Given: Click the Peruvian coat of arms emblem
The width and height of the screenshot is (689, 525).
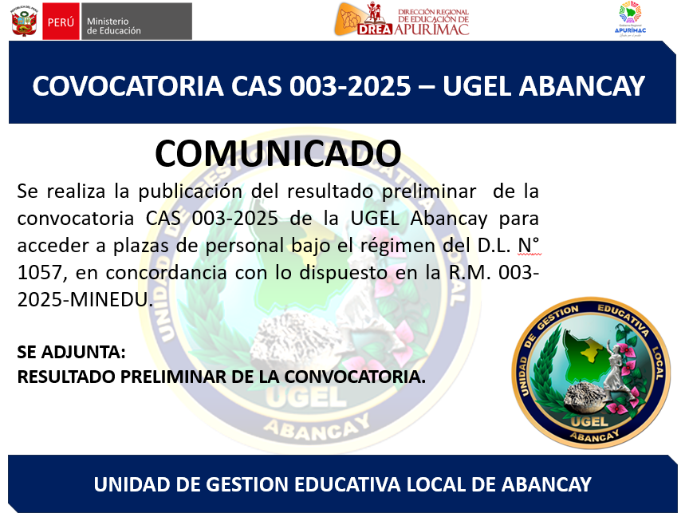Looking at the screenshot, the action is pos(25,21).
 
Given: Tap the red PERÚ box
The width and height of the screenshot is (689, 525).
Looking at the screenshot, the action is pos(61,21).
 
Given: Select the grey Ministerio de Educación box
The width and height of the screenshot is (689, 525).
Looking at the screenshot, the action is pos(136,21).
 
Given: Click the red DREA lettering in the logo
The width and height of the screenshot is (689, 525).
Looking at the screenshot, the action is pos(374,29).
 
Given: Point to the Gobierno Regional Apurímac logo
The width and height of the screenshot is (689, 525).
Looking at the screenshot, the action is pos(630,19).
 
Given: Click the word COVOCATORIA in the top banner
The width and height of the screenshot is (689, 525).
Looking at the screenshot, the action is pos(128,85).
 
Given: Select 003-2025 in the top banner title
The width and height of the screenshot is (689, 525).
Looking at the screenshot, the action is pos(350,85).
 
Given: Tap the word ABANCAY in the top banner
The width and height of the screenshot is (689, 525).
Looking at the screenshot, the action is pos(582,85).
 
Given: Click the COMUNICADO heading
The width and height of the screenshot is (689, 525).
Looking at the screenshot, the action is pos(278,153).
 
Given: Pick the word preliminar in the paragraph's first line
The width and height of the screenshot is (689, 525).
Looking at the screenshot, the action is pos(429,191).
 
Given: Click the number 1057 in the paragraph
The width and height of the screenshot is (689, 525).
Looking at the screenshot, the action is pos(40,273).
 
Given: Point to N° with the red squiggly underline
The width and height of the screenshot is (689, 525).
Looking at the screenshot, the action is pos(529,246).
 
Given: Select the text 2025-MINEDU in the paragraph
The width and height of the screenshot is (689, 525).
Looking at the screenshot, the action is pos(85,300).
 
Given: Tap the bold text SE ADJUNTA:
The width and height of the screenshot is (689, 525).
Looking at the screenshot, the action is pos(71,352).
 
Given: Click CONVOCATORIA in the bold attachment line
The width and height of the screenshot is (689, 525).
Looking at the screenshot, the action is pos(355,377).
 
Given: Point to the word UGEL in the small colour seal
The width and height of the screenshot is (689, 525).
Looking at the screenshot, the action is pos(589,422).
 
